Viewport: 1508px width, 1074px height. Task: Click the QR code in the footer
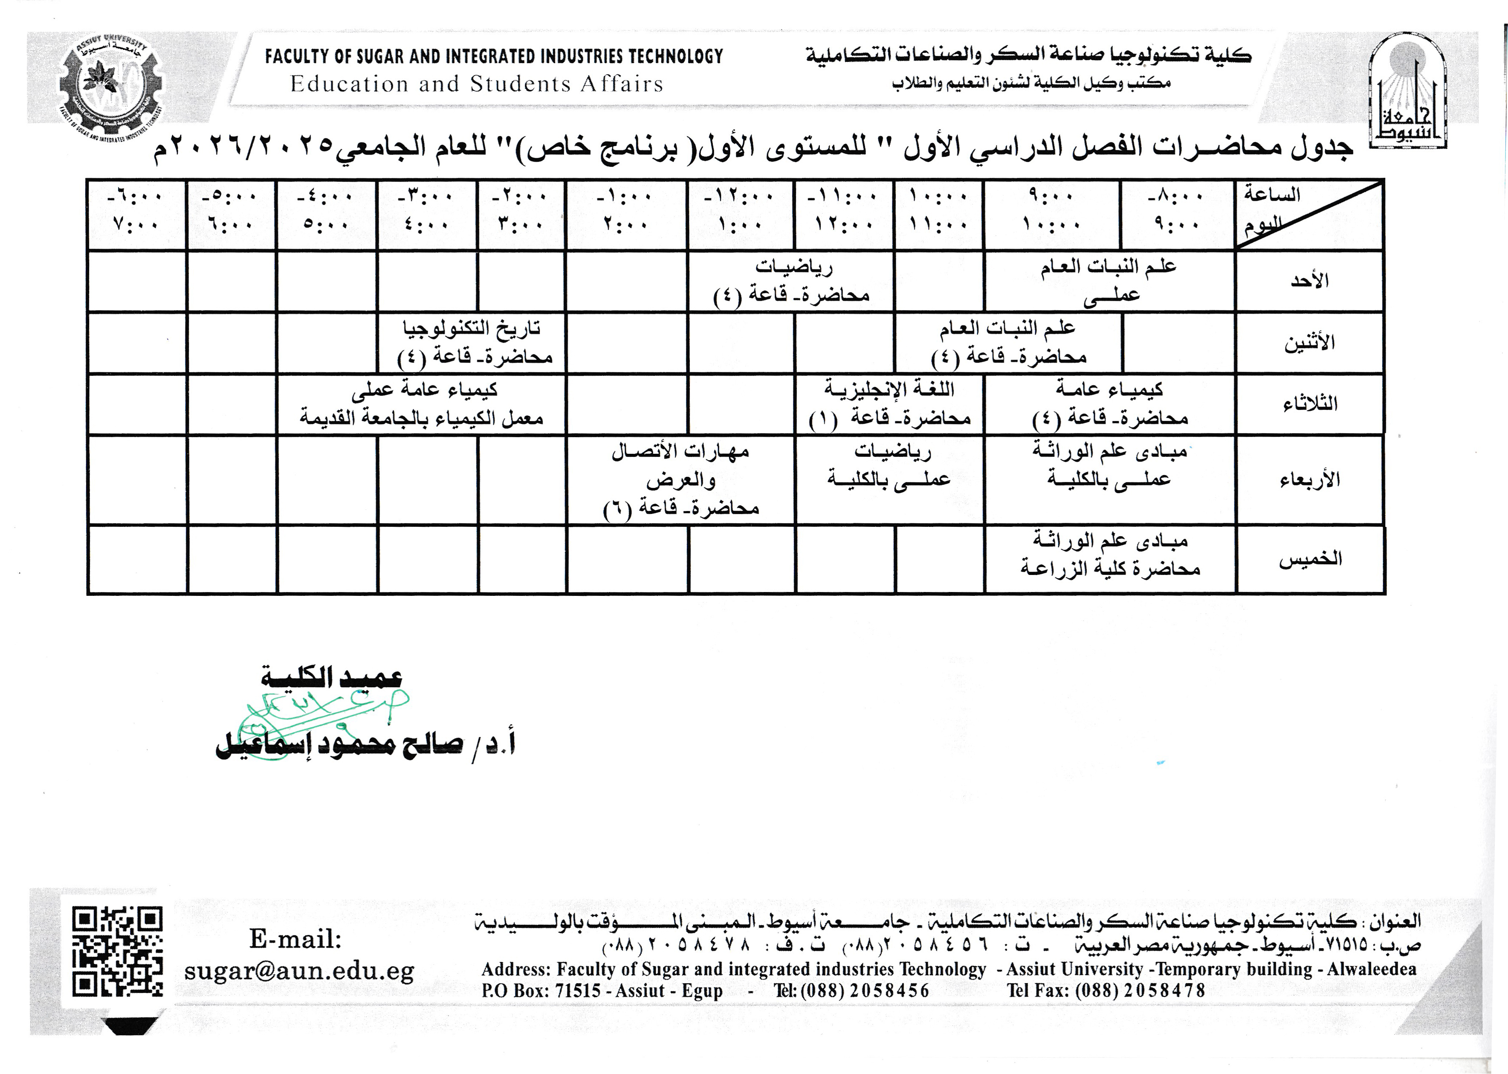pyautogui.click(x=117, y=952)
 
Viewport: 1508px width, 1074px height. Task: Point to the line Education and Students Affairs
pyautogui.click(x=476, y=84)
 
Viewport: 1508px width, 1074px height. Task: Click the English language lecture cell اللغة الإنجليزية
pyautogui.click(x=889, y=403)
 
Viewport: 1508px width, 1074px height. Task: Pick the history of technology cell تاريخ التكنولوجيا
pyautogui.click(x=473, y=343)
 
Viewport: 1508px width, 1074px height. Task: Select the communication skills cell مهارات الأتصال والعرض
pyautogui.click(x=681, y=479)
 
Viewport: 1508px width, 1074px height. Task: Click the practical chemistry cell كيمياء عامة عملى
pyautogui.click(x=422, y=403)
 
